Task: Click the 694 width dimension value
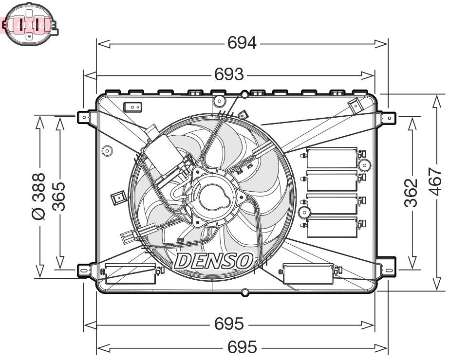click(x=242, y=44)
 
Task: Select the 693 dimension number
click(x=229, y=74)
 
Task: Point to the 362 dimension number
click(x=412, y=193)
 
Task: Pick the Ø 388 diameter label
click(x=39, y=196)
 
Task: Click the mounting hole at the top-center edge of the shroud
click(x=245, y=94)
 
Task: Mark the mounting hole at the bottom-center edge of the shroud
click(x=245, y=292)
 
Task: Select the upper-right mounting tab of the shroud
click(x=389, y=117)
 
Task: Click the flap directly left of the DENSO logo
click(x=131, y=274)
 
